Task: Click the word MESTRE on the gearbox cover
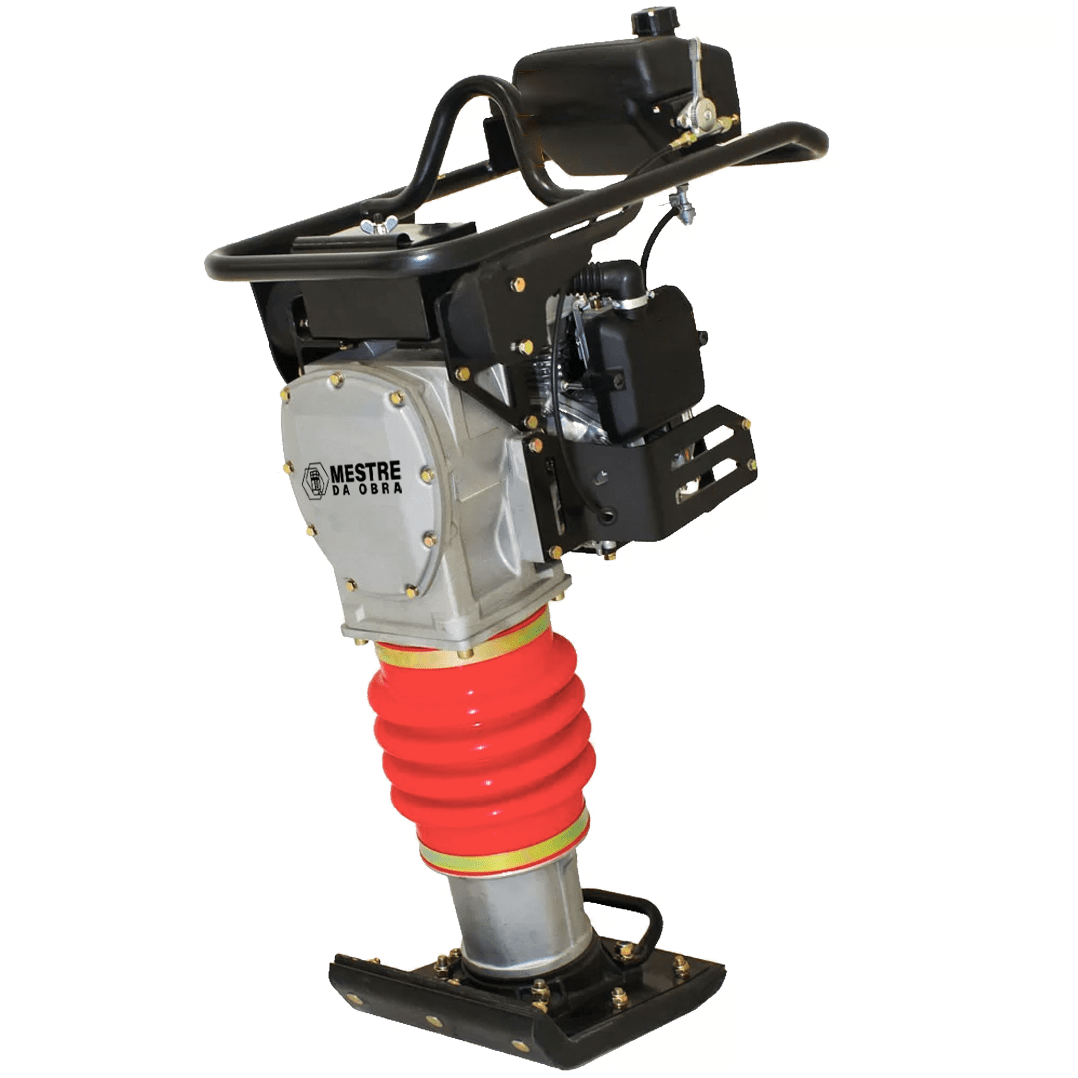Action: pos(366,474)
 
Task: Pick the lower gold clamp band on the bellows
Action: pos(504,842)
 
